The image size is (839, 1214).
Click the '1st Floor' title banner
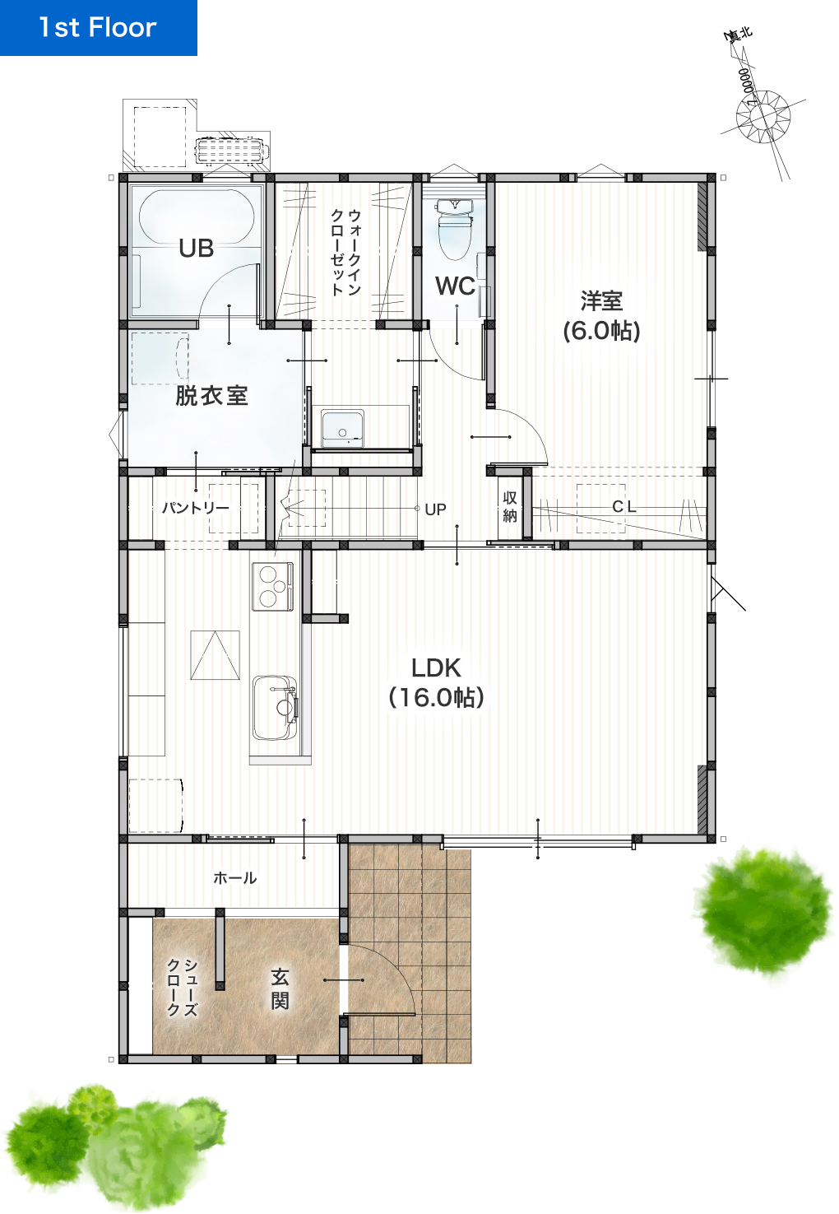98,28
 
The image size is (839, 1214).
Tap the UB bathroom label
197,249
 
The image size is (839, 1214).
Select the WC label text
455,286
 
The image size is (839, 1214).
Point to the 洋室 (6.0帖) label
601,316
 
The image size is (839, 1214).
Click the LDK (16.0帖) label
436,682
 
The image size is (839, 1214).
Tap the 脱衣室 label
211,396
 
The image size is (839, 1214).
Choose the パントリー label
195,508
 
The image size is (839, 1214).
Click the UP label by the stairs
435,509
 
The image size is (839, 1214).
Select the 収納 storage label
510,507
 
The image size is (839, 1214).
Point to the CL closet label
624,507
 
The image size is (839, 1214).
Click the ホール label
235,878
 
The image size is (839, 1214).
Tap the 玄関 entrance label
280,989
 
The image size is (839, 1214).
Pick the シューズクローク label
183,987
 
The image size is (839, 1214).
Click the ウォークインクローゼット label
345,253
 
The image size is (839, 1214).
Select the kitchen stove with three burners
272,587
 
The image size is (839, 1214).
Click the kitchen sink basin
274,707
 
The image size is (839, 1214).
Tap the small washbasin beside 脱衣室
342,429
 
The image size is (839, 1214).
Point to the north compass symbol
763,116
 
